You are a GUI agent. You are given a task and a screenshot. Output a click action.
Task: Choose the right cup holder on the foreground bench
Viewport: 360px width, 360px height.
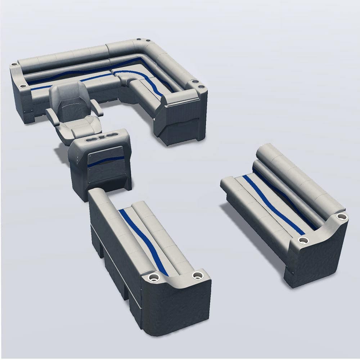point(197,275)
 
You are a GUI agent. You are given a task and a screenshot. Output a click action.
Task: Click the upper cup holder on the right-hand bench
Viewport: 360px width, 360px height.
point(341,217)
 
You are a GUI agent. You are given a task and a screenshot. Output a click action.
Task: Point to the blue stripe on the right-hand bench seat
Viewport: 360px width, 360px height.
point(274,205)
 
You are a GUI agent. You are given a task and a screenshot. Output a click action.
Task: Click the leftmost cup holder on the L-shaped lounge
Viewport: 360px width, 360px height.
point(14,64)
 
